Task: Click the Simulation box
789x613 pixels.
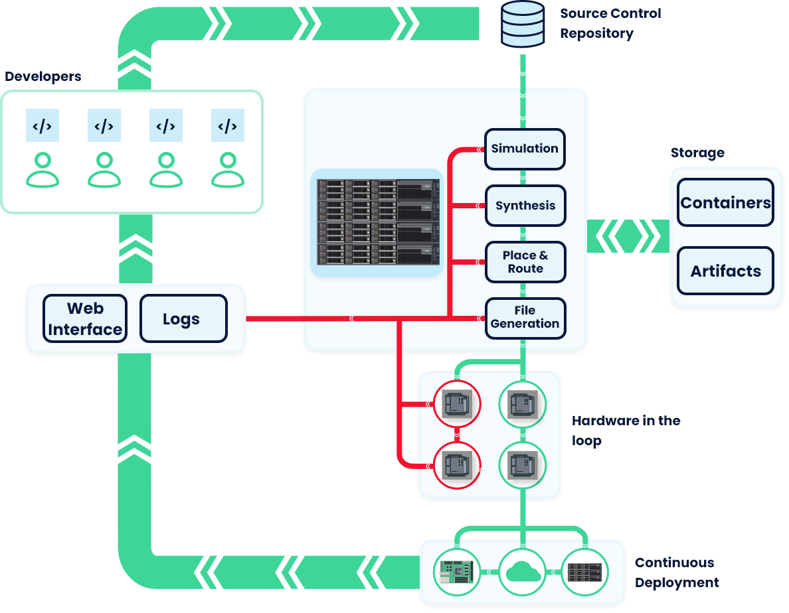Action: pyautogui.click(x=525, y=149)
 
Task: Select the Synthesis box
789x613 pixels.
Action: pyautogui.click(x=525, y=206)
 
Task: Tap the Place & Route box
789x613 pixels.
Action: pyautogui.click(x=525, y=262)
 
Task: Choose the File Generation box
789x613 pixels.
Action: pyautogui.click(x=525, y=318)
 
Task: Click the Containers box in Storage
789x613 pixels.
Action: pyautogui.click(x=725, y=203)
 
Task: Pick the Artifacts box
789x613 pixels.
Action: pyautogui.click(x=725, y=271)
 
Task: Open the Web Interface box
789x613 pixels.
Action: pyautogui.click(x=85, y=318)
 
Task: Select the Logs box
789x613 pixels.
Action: pyautogui.click(x=183, y=318)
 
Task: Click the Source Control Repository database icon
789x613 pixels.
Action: pyautogui.click(x=522, y=25)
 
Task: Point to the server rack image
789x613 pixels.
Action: pyautogui.click(x=377, y=222)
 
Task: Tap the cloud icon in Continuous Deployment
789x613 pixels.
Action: pyautogui.click(x=522, y=571)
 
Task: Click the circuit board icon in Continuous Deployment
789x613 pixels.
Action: pyautogui.click(x=457, y=571)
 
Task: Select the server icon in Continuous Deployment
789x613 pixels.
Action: pyautogui.click(x=584, y=571)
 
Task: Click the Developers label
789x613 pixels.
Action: pyautogui.click(x=43, y=76)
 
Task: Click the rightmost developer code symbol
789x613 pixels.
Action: pyautogui.click(x=228, y=125)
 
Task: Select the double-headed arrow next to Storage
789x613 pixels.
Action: pyautogui.click(x=628, y=236)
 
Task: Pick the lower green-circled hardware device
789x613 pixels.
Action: pyautogui.click(x=522, y=466)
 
